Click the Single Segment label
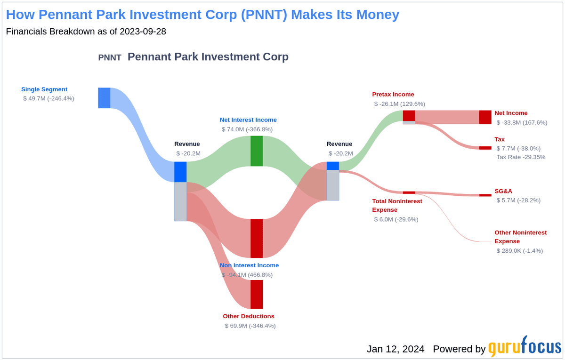coord(44,89)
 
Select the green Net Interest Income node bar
coord(257,151)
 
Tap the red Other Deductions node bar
coord(257,294)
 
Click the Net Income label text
coord(511,113)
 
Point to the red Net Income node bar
coord(485,117)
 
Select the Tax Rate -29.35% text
coord(521,157)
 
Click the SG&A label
coord(503,191)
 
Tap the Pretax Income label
coord(393,94)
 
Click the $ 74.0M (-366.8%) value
coord(247,129)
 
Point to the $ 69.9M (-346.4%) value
coord(250,326)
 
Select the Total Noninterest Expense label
coord(397,206)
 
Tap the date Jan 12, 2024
coord(395,349)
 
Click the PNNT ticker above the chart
coord(110,57)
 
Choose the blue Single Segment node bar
coord(104,98)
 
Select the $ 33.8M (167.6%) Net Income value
coord(522,122)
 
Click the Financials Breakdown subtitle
coord(86,32)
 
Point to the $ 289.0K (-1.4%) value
coord(519,251)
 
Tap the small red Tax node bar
coord(485,148)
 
